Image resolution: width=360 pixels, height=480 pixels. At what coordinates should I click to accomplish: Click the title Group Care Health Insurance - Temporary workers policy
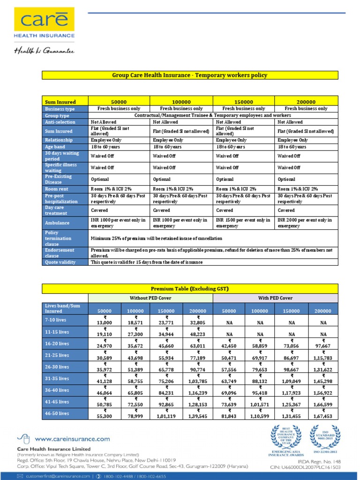[x=189, y=75]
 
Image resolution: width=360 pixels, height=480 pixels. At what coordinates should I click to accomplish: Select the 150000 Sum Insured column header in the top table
[x=243, y=102]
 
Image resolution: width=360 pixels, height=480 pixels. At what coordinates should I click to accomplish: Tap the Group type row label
[x=57, y=115]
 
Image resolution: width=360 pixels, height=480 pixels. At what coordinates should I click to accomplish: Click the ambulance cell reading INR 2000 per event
[x=306, y=223]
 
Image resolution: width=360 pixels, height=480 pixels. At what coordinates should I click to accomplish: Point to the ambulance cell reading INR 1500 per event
[x=243, y=223]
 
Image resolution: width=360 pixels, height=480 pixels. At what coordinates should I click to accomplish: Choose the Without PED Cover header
[x=150, y=298]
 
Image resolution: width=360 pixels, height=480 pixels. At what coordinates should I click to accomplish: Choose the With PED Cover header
[x=275, y=298]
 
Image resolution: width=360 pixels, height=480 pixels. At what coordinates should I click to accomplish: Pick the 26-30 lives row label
[x=57, y=367]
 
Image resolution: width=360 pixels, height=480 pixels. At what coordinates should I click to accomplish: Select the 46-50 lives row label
[x=57, y=413]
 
